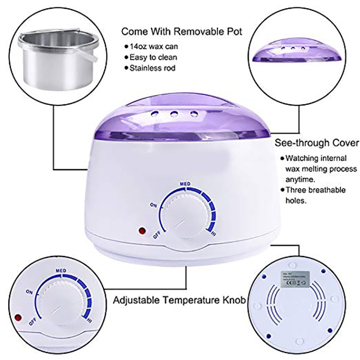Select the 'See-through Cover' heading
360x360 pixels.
[x=317, y=144]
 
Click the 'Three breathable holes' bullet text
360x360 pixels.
[x=321, y=195]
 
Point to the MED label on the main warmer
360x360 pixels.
[x=184, y=184]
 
